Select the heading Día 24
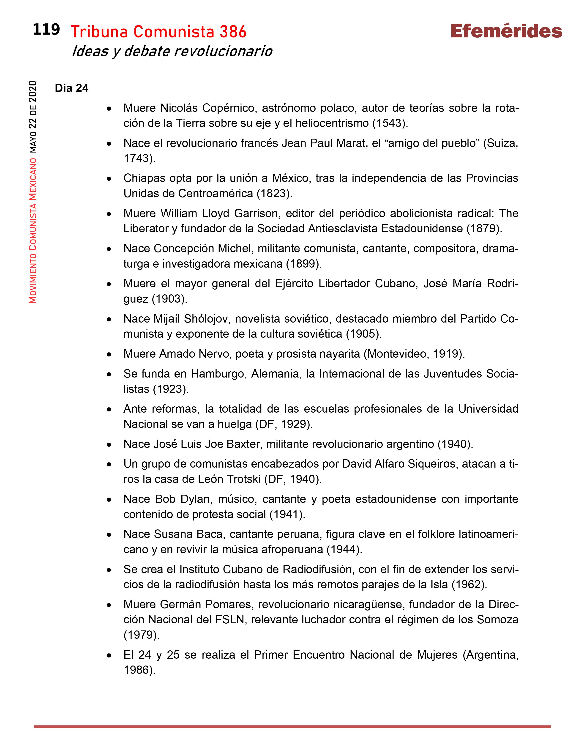(72, 88)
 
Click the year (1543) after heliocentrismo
(390, 123)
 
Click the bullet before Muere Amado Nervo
(109, 354)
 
